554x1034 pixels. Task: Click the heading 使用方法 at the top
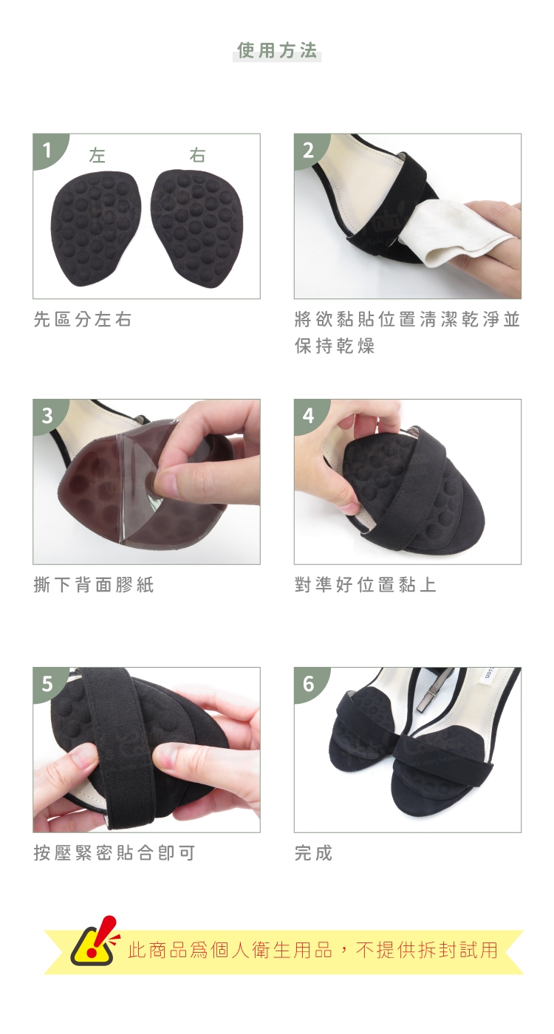click(x=277, y=50)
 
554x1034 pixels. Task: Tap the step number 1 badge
click(x=47, y=149)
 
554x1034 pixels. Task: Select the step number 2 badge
click(x=309, y=149)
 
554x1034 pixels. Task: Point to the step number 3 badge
click(x=47, y=414)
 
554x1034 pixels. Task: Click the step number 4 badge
click(x=309, y=414)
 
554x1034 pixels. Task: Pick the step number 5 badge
click(x=47, y=682)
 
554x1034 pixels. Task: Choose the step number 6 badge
click(x=309, y=682)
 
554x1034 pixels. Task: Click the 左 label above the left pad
click(x=98, y=155)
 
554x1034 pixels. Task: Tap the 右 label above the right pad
click(x=197, y=155)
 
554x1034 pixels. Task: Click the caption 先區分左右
click(x=83, y=319)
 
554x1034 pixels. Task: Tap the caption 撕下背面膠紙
click(x=94, y=585)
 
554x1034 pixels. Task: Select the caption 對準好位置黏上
click(x=365, y=585)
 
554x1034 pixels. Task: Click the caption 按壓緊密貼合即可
click(x=114, y=853)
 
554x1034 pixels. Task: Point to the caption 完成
click(x=314, y=853)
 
